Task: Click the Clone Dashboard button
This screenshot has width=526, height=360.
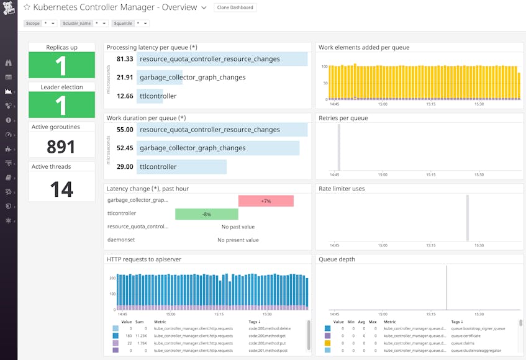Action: tap(235, 7)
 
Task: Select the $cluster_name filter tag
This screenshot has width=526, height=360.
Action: tap(76, 23)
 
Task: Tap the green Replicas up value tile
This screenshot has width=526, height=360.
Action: tap(61, 65)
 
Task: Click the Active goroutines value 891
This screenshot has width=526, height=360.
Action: tap(61, 146)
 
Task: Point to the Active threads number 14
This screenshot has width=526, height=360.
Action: tap(61, 189)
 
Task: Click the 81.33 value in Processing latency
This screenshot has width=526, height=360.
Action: tap(124, 59)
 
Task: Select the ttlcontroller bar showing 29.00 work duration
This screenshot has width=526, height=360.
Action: tap(181, 167)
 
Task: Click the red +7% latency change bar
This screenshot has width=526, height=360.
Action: tap(266, 201)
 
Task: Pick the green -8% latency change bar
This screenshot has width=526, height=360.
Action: tap(206, 214)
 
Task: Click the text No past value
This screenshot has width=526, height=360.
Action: tap(238, 227)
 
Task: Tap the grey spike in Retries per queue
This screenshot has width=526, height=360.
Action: tap(338, 146)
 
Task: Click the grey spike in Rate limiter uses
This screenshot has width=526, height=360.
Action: tap(467, 217)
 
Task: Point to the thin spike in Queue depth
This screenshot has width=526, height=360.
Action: tap(447, 288)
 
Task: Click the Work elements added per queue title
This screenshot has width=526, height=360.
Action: tap(364, 47)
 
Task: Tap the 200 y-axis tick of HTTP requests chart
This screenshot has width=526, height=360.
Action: tap(112, 279)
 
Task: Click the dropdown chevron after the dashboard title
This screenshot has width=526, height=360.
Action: tap(204, 8)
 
